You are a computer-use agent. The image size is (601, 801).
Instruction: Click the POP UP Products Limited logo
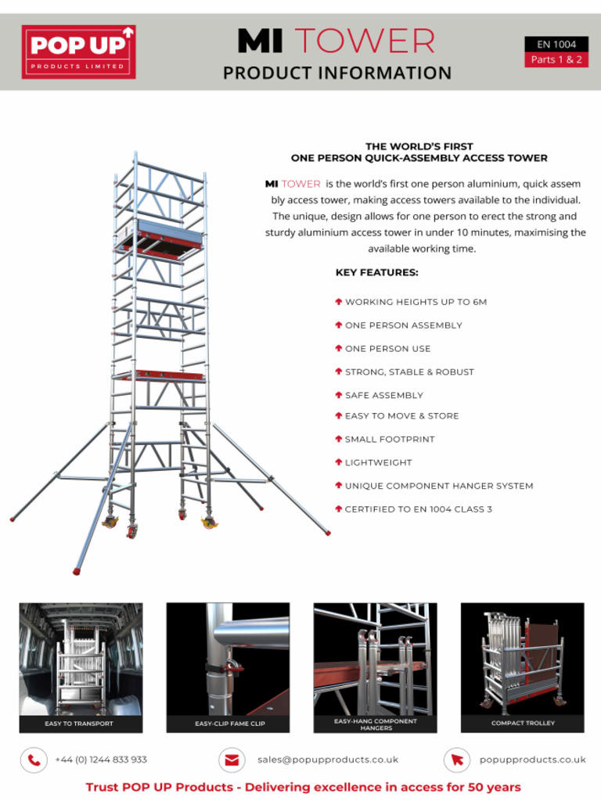point(78,52)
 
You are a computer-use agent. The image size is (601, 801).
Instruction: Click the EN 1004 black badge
point(556,45)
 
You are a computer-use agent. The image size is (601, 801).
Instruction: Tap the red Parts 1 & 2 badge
point(556,60)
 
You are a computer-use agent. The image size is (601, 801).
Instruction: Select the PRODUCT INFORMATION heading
point(336,74)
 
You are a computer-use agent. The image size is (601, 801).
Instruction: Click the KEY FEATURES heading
point(376,273)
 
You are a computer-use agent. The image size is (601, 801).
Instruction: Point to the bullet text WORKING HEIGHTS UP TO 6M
point(416,302)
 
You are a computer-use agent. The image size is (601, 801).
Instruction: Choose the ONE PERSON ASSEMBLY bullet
point(403,325)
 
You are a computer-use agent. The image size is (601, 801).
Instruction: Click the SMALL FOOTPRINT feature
point(389,440)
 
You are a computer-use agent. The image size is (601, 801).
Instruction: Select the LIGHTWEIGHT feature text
point(378,463)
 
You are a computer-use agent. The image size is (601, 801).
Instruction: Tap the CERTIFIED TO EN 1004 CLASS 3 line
point(418,510)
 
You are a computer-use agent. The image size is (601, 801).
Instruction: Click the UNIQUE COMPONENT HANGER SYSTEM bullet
point(438,487)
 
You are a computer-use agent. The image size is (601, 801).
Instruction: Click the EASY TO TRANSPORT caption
point(79,724)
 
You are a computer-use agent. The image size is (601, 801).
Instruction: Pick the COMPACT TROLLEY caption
point(523,724)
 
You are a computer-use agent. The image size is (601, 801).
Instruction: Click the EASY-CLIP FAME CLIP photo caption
point(229,724)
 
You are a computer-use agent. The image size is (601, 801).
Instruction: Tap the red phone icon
point(34,760)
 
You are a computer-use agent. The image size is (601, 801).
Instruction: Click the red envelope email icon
point(231,760)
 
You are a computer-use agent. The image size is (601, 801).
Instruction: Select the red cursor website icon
point(457,760)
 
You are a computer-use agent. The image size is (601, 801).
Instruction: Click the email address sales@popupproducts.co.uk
point(327,760)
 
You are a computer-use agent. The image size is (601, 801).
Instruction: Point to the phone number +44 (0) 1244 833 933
point(101,760)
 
